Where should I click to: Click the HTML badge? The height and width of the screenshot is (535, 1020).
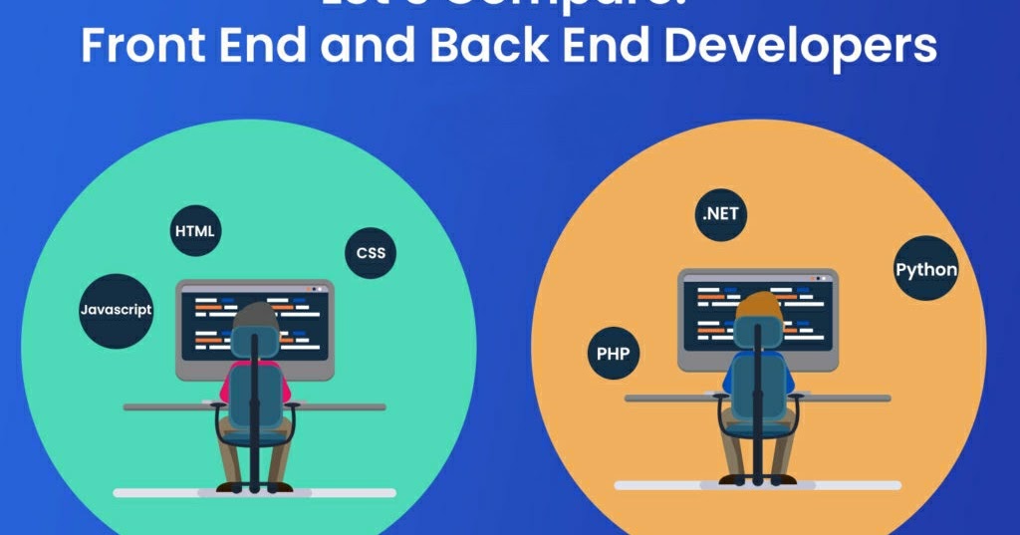[x=194, y=231]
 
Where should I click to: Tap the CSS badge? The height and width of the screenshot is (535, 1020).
[x=371, y=253]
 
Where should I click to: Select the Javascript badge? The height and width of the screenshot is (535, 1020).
[x=116, y=310]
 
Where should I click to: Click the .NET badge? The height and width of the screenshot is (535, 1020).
[x=720, y=214]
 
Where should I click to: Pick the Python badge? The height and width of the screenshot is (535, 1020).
[x=925, y=269]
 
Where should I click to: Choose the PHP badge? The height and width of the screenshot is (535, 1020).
[x=614, y=353]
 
